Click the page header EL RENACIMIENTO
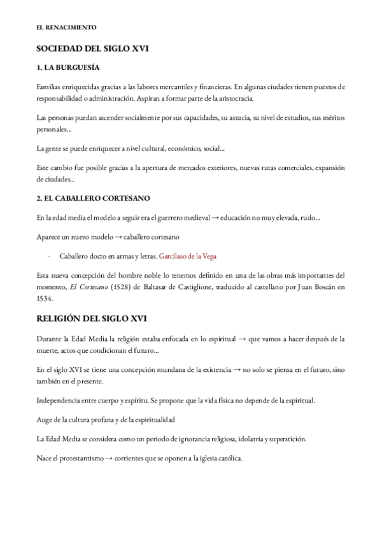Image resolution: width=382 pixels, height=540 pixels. [x=66, y=28]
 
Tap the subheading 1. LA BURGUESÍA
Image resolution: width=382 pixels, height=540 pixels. [x=67, y=67]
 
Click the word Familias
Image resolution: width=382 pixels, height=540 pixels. [x=51, y=87]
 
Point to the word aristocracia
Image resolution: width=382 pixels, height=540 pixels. [x=236, y=99]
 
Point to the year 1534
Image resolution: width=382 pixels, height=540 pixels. [x=46, y=299]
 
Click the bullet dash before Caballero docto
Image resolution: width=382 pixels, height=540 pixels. [x=49, y=257]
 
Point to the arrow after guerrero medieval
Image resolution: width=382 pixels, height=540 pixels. [x=215, y=218]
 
